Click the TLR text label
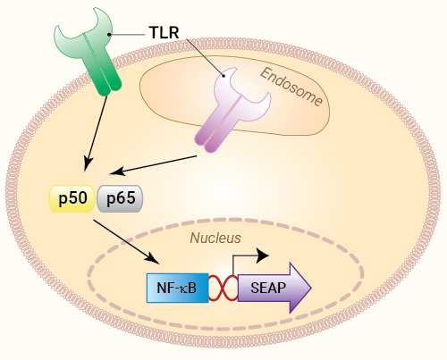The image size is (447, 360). [164, 32]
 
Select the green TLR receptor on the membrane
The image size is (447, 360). [89, 54]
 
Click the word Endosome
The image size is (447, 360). [291, 87]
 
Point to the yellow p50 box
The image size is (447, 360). [72, 198]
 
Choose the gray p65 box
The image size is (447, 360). [120, 198]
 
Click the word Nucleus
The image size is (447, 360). [215, 238]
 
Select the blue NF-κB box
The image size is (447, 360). [178, 288]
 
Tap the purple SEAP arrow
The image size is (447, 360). [274, 288]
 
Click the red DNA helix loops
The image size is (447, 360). [223, 288]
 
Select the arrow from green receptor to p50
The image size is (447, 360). [96, 134]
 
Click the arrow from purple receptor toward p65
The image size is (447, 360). [153, 165]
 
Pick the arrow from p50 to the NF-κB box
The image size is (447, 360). [127, 242]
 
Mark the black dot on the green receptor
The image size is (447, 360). [109, 35]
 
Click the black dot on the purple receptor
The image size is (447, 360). [223, 76]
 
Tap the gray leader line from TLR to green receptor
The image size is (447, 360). [127, 35]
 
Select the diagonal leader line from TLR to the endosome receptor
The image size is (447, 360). [205, 57]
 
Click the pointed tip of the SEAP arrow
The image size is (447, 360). [311, 288]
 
